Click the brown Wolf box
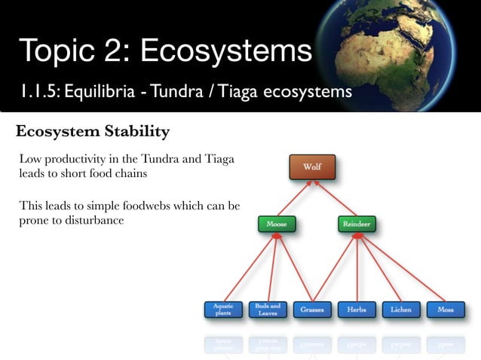pos(311,166)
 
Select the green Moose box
pos(276,224)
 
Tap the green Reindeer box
pos(356,224)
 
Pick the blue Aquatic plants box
pos(223,310)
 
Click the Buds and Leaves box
pos(268,310)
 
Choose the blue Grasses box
pos(312,310)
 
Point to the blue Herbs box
pos(357,310)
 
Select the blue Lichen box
pos(400,310)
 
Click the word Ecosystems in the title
pos(225,51)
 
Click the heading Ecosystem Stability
pos(92,132)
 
